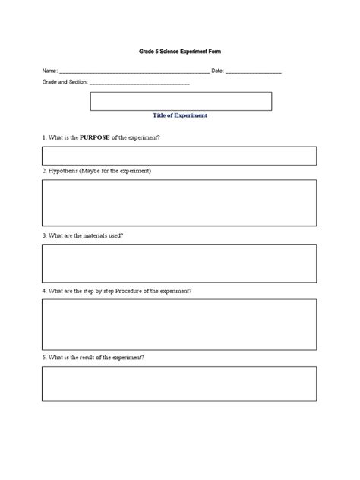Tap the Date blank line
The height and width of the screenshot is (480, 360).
point(254,71)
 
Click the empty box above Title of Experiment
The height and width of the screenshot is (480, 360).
point(181,101)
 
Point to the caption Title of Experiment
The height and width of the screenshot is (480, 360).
point(180,115)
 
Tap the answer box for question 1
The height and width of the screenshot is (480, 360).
point(179,156)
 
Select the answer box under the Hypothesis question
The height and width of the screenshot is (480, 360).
point(179,202)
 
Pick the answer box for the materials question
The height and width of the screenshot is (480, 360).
point(179,263)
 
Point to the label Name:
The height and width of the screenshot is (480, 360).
point(50,71)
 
